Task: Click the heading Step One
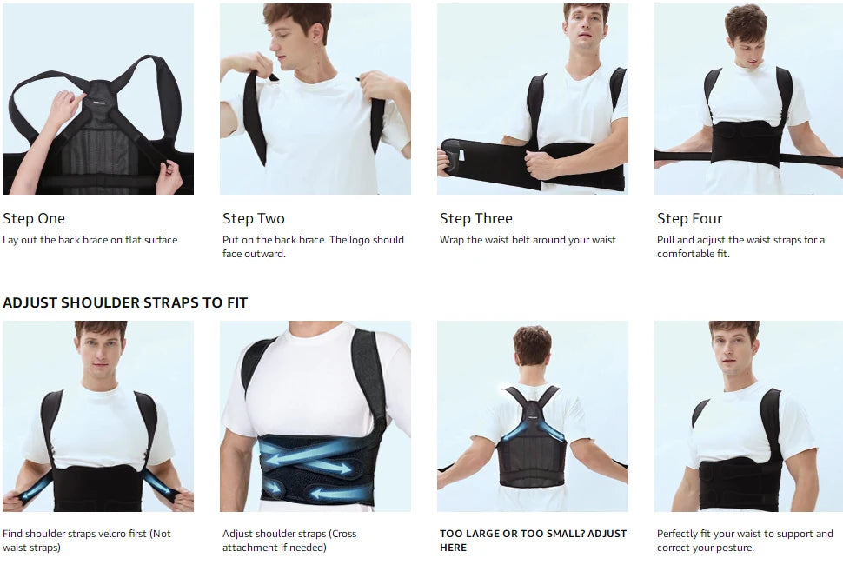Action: pyautogui.click(x=34, y=219)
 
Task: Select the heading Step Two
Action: pyautogui.click(x=253, y=219)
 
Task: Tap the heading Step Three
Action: pyautogui.click(x=475, y=219)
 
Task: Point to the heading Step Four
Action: pyautogui.click(x=689, y=219)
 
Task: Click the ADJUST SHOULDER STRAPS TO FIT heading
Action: pyautogui.click(x=125, y=302)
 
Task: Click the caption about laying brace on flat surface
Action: pyautogui.click(x=90, y=240)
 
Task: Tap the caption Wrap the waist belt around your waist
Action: pyautogui.click(x=528, y=240)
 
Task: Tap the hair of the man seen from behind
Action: pyautogui.click(x=532, y=343)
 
